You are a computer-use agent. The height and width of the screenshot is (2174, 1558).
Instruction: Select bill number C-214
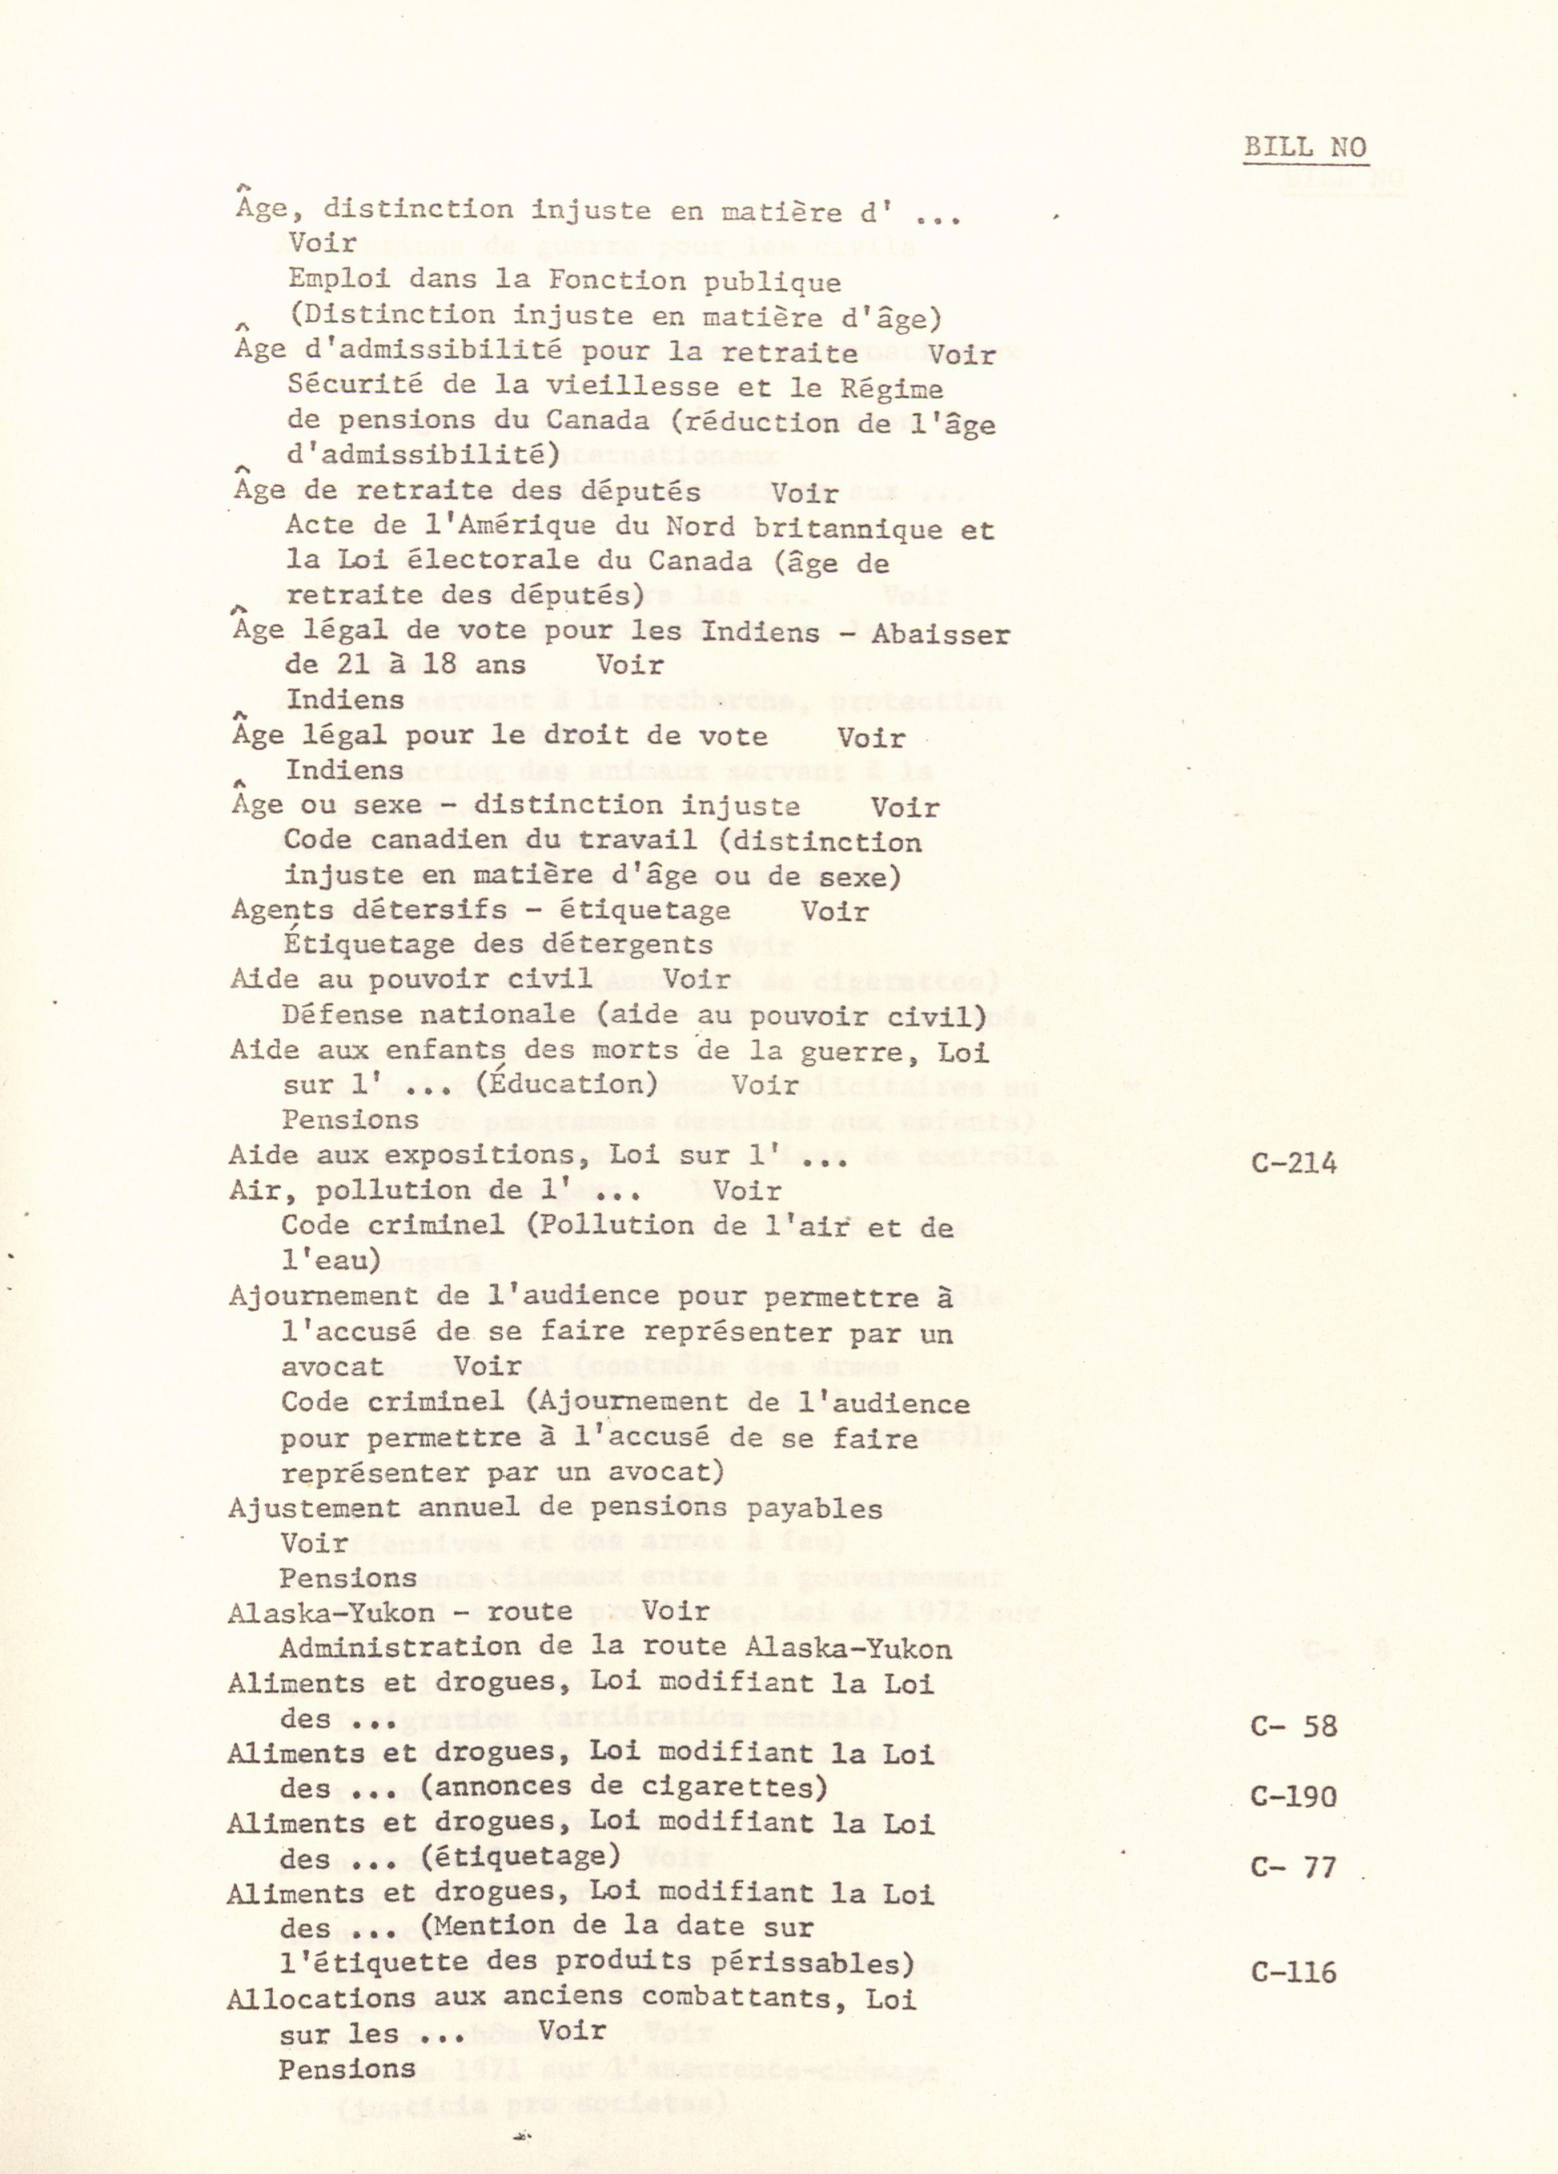pos(1294,1163)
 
